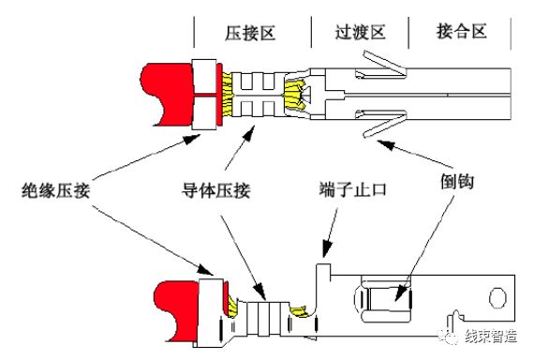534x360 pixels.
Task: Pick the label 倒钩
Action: tap(453, 177)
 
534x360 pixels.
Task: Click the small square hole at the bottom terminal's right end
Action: tap(494, 299)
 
